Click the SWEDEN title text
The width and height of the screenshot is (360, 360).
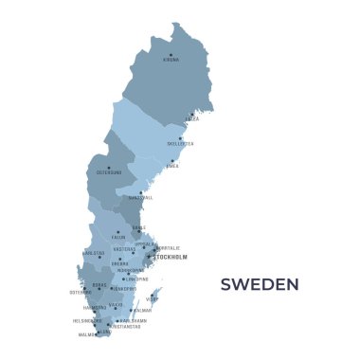tap(260, 284)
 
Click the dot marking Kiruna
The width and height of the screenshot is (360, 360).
tap(171, 55)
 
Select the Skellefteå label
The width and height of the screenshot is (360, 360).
tap(180, 144)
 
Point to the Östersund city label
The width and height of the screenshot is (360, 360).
tap(109, 172)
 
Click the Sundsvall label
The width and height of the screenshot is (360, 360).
tap(140, 198)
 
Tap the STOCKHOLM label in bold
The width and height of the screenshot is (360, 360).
tap(171, 257)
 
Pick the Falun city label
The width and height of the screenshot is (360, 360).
tap(118, 237)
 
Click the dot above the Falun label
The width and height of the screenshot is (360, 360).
tap(118, 231)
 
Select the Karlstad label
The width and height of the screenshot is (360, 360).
tap(94, 253)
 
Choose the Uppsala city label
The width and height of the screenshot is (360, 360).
tap(145, 243)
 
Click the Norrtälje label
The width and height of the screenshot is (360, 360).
tap(168, 247)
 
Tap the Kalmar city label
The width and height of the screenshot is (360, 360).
tap(142, 310)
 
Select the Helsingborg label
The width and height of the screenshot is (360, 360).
tap(87, 320)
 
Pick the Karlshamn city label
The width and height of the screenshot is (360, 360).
tap(133, 320)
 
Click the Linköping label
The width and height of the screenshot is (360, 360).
tap(137, 279)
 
